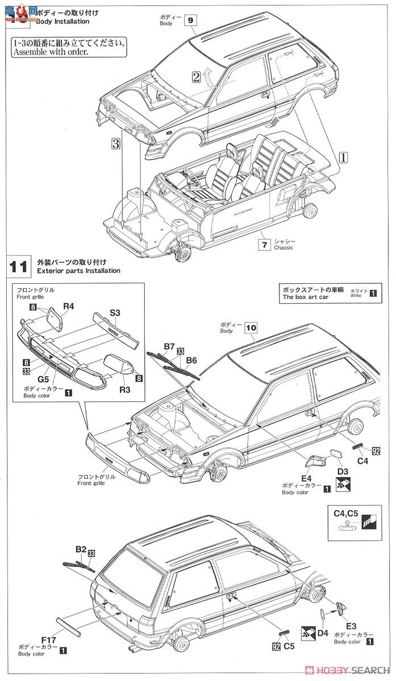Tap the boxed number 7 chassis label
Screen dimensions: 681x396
[x=263, y=245]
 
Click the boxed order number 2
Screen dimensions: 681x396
[x=196, y=77]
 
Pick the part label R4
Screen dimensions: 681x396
[x=69, y=306]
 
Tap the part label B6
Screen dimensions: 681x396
[x=191, y=360]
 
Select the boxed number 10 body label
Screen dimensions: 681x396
[x=251, y=327]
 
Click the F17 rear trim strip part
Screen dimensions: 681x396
[x=68, y=625]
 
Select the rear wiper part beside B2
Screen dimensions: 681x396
[x=76, y=563]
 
